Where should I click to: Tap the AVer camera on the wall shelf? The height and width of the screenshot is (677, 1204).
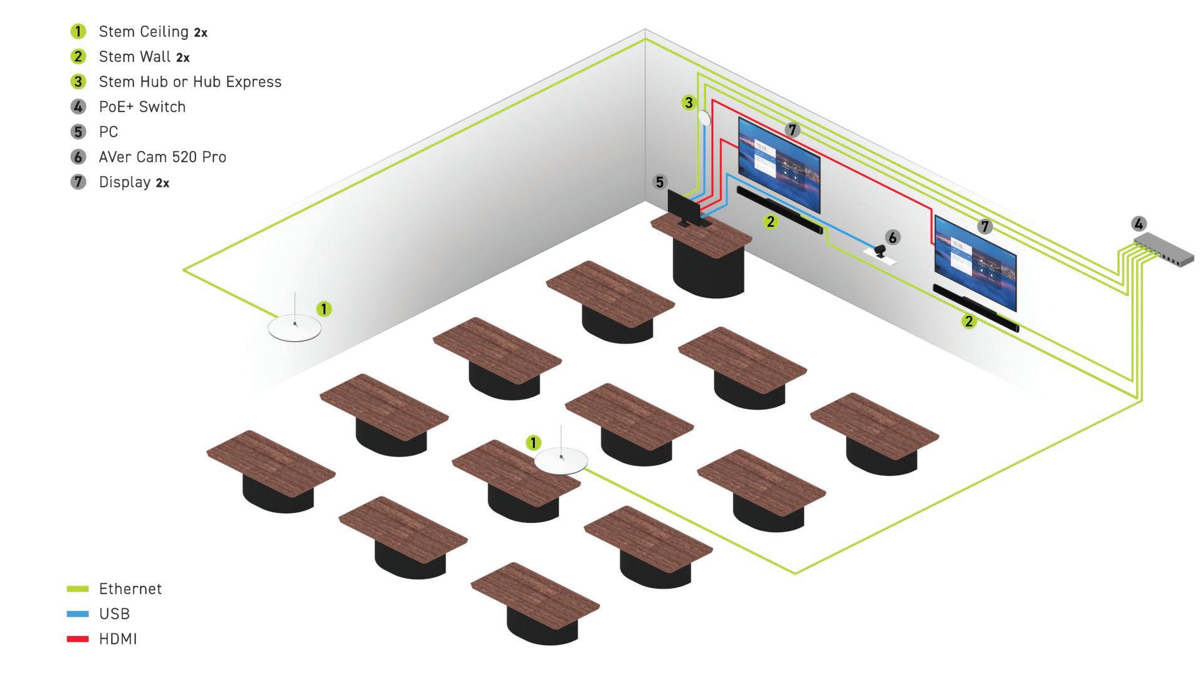pyautogui.click(x=880, y=252)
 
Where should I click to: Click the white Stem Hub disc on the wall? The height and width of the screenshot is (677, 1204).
pyautogui.click(x=705, y=118)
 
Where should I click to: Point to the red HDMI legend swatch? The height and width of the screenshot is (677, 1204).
pyautogui.click(x=78, y=639)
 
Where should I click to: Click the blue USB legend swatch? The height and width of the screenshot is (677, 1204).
pyautogui.click(x=78, y=614)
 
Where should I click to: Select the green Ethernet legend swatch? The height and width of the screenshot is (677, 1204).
pyautogui.click(x=78, y=589)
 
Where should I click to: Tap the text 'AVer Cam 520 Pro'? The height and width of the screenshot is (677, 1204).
pyautogui.click(x=162, y=157)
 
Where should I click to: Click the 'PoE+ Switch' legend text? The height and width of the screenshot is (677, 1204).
pyautogui.click(x=142, y=107)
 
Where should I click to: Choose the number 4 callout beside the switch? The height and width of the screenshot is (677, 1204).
pyautogui.click(x=1139, y=224)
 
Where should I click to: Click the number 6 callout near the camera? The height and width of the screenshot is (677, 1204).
pyautogui.click(x=892, y=237)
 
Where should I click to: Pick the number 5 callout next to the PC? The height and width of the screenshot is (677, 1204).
pyautogui.click(x=659, y=182)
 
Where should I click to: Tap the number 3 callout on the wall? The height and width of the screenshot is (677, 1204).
pyautogui.click(x=689, y=102)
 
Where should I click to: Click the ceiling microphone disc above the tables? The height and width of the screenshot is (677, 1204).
pyautogui.click(x=561, y=461)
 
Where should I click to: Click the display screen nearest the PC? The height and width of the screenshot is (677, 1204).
pyautogui.click(x=779, y=164)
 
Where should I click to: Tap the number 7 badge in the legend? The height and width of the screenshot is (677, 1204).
pyautogui.click(x=78, y=182)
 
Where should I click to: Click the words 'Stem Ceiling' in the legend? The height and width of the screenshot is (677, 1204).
pyautogui.click(x=144, y=31)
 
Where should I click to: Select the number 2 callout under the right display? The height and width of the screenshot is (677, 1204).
pyautogui.click(x=969, y=322)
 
